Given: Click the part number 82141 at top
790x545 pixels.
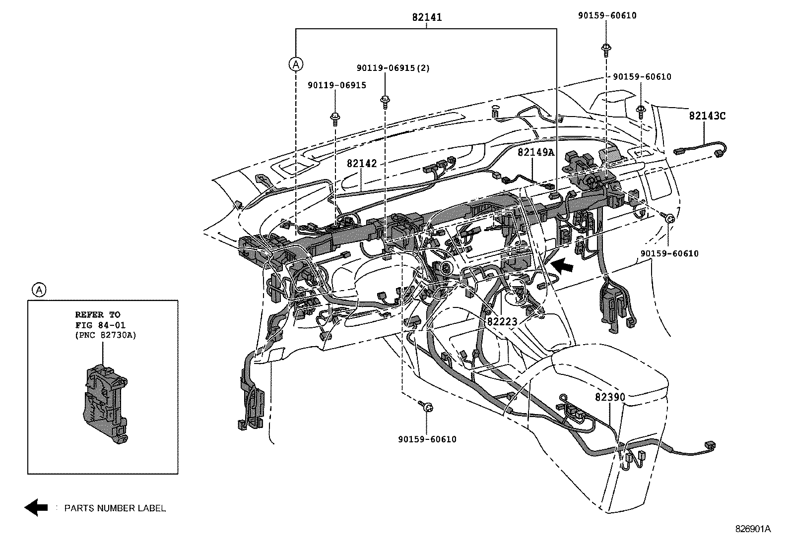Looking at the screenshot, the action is [x=427, y=17].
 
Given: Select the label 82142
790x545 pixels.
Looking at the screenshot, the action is [x=362, y=164].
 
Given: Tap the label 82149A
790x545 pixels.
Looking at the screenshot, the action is [x=536, y=152].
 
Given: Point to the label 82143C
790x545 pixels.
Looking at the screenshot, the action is [x=707, y=116].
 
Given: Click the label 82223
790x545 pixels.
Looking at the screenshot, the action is [x=502, y=322].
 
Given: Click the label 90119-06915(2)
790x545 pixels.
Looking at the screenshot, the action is [x=393, y=68].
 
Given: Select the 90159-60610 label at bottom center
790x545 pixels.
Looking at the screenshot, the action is [x=427, y=439].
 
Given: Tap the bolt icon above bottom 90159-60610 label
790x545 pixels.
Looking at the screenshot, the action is [x=426, y=407].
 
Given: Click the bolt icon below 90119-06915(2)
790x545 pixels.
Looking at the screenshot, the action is [x=385, y=100].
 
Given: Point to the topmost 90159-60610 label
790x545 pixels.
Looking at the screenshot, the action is [x=607, y=15].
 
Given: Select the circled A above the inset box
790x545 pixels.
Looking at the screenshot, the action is [x=39, y=290].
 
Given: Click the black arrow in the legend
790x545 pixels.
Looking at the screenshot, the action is [x=36, y=507].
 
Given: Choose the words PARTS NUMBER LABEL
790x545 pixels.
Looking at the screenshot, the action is [x=115, y=508].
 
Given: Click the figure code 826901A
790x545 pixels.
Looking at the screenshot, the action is [x=753, y=529].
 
